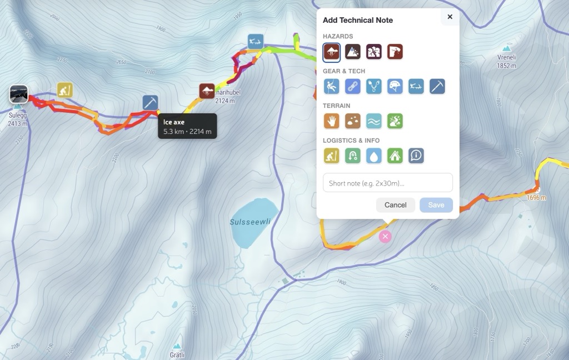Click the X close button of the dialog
click(x=450, y=17)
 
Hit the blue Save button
click(x=436, y=205)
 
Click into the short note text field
click(x=387, y=183)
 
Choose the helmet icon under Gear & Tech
click(x=395, y=86)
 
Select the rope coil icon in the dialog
click(x=353, y=86)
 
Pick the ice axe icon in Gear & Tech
click(x=437, y=86)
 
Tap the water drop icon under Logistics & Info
click(x=374, y=156)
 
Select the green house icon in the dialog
click(x=395, y=156)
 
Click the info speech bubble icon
click(x=416, y=156)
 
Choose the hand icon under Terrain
click(x=332, y=121)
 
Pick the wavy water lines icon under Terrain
click(x=374, y=121)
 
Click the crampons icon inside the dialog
click(x=416, y=86)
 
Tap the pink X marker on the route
click(x=385, y=237)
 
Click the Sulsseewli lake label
click(x=251, y=222)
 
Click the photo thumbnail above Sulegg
click(x=18, y=94)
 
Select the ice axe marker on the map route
click(x=150, y=103)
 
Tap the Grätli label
click(x=177, y=354)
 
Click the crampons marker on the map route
click(x=256, y=41)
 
